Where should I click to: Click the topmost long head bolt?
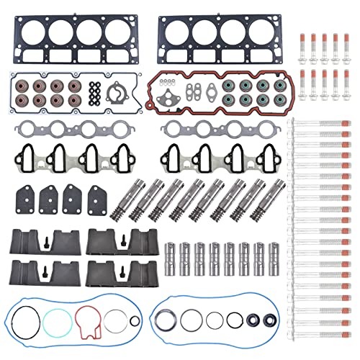click(x=320, y=125)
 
